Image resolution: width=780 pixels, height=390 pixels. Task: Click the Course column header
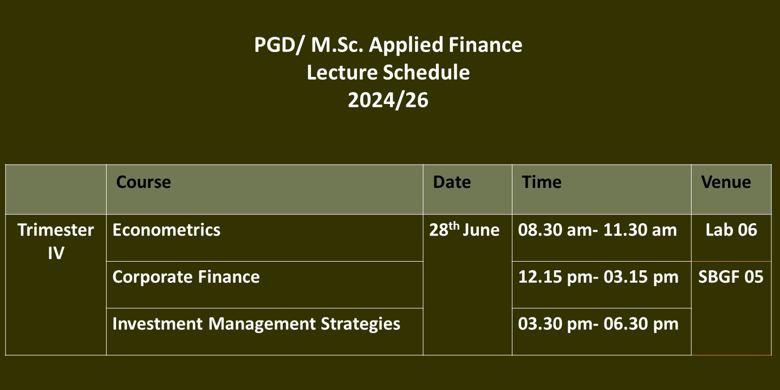pyautogui.click(x=144, y=182)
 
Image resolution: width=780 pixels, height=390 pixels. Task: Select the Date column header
pyautogui.click(x=452, y=182)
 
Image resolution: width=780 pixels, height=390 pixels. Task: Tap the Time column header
pyautogui.click(x=542, y=182)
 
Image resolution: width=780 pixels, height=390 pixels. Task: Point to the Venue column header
pyautogui.click(x=726, y=182)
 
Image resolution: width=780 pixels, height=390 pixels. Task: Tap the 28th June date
pyautogui.click(x=464, y=229)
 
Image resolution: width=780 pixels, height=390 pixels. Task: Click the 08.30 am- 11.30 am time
pyautogui.click(x=597, y=230)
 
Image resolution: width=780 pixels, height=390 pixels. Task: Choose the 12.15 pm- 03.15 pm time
pyautogui.click(x=598, y=277)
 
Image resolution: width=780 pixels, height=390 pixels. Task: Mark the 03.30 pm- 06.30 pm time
pyautogui.click(x=598, y=324)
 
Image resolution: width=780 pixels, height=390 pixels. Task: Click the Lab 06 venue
pyautogui.click(x=731, y=230)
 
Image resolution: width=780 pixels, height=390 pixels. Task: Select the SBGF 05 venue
pyautogui.click(x=731, y=277)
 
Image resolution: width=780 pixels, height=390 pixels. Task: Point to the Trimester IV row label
pyautogui.click(x=56, y=242)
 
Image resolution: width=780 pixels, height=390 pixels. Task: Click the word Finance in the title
pyautogui.click(x=485, y=45)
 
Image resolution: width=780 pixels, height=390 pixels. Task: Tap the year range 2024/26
pyautogui.click(x=388, y=100)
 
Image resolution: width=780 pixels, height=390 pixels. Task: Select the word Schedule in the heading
pyautogui.click(x=427, y=73)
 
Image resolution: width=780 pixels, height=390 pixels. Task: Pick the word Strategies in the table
pyautogui.click(x=360, y=324)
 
